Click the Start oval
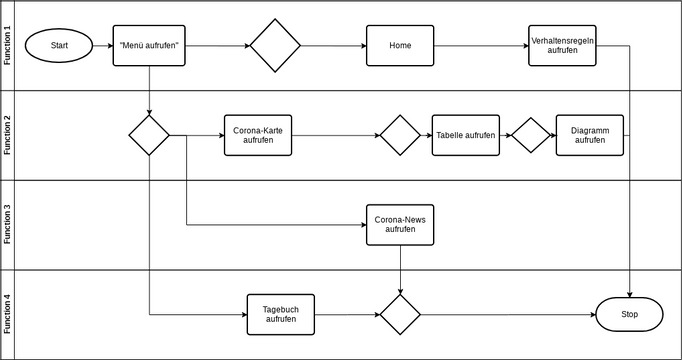59,45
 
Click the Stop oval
629,315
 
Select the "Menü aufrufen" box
149,45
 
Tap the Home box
400,45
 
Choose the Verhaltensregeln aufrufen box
562,45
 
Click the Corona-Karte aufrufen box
258,135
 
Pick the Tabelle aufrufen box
465,135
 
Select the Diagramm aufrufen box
589,135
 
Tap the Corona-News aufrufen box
400,225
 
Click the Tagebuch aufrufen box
280,315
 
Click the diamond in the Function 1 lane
275,45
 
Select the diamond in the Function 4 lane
400,315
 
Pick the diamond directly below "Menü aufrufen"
149,135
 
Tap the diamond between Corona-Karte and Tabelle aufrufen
400,135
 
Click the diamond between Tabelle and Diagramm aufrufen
531,135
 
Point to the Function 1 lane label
8,45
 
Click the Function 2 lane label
8,135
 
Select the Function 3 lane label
8,225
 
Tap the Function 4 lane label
8,315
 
